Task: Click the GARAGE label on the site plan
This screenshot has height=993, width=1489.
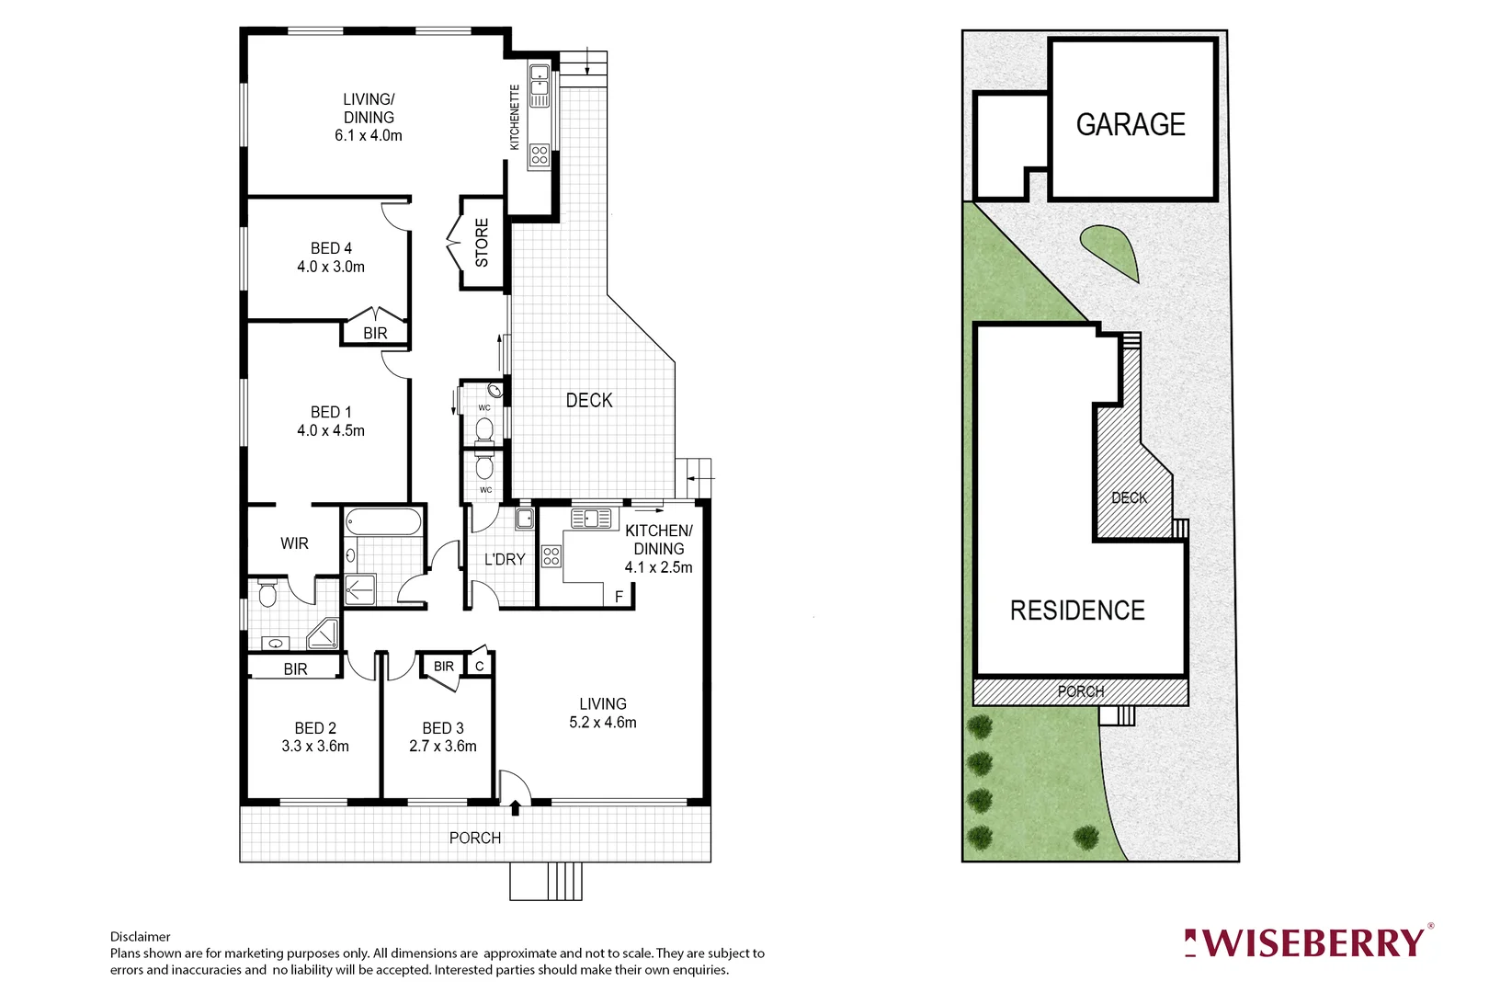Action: tap(1130, 125)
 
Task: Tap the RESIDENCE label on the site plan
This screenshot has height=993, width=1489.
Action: tap(1077, 611)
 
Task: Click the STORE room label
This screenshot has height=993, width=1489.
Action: tap(482, 243)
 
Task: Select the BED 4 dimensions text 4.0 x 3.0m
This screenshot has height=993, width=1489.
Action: tap(331, 267)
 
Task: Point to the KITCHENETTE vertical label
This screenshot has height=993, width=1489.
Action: tap(515, 117)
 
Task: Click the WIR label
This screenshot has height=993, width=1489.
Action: tap(294, 543)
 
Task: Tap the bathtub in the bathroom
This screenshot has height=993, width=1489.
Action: tap(383, 522)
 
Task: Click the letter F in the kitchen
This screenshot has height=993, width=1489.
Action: tap(619, 597)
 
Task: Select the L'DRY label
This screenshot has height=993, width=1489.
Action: tap(505, 559)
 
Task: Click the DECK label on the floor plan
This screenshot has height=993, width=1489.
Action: tap(589, 401)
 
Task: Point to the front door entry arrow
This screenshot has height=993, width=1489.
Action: tap(515, 808)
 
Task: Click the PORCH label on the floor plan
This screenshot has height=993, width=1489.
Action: tap(475, 838)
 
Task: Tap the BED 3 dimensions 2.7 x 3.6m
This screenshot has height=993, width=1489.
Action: tap(443, 747)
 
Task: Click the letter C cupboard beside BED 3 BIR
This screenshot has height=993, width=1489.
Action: tap(480, 666)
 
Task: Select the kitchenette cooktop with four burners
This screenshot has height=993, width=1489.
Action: tap(540, 155)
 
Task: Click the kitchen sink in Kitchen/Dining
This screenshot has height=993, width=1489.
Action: tap(591, 519)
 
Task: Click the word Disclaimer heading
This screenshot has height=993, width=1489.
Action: tap(141, 937)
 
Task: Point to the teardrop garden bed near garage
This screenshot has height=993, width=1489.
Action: tap(1111, 250)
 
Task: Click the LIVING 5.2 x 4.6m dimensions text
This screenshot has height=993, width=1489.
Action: tap(603, 723)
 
